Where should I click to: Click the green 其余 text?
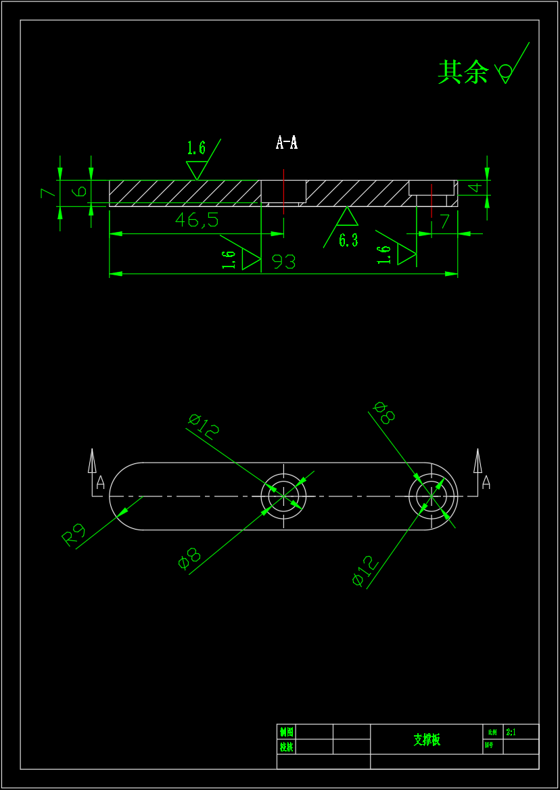tap(463, 72)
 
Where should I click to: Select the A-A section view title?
tap(287, 143)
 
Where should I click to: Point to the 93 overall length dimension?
tap(284, 262)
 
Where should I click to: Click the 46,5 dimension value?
tap(197, 220)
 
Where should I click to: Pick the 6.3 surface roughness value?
tap(348, 240)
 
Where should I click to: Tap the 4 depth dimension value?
tap(477, 187)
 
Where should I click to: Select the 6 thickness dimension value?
tap(80, 191)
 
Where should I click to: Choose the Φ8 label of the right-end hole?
tap(384, 412)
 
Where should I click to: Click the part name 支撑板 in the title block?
tap(427, 739)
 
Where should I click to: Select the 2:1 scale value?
tap(511, 732)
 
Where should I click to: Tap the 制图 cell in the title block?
tap(286, 732)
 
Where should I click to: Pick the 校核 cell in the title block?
tap(286, 747)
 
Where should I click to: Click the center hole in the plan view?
tap(283, 496)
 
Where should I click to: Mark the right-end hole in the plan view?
tap(431, 496)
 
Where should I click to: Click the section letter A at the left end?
tap(101, 482)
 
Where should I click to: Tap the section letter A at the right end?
tap(486, 482)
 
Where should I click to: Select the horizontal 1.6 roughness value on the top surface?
tap(196, 148)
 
